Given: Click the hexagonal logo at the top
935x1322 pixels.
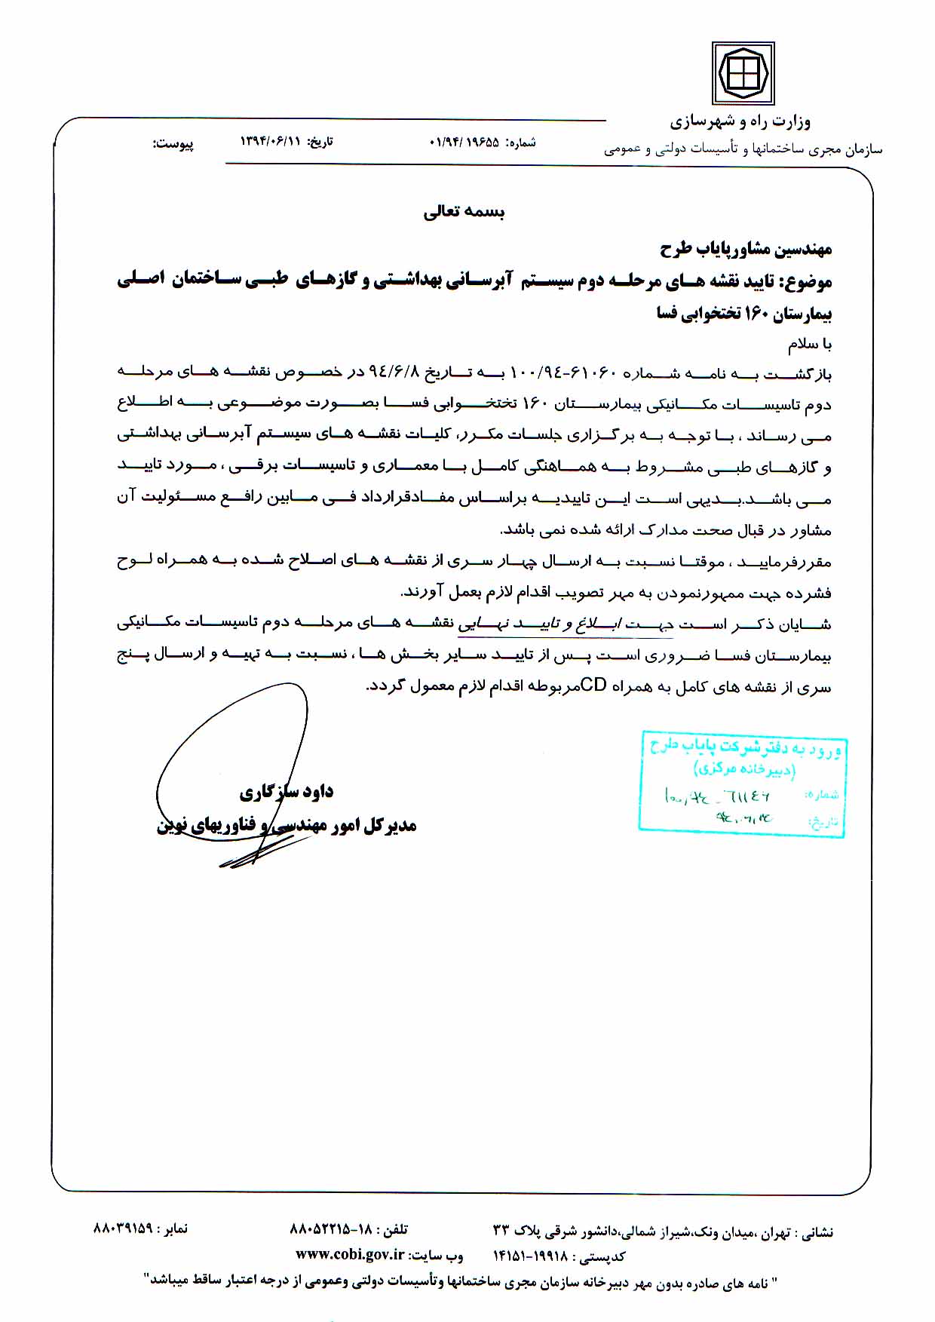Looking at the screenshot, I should pos(743,73).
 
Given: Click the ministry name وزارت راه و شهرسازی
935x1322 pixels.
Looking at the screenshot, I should pos(740,121).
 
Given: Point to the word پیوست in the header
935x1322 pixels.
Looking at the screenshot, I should pos(174,143).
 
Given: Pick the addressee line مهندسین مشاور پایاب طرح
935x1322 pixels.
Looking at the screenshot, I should pos(746,248).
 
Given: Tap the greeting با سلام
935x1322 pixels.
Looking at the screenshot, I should pos(810,345).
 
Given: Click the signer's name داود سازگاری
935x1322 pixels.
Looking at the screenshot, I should pos(287,792).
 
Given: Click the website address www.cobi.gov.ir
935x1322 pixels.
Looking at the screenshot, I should pos(349,1255).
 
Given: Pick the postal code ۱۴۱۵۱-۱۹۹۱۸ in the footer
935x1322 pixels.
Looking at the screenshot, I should pos(528,1256).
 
